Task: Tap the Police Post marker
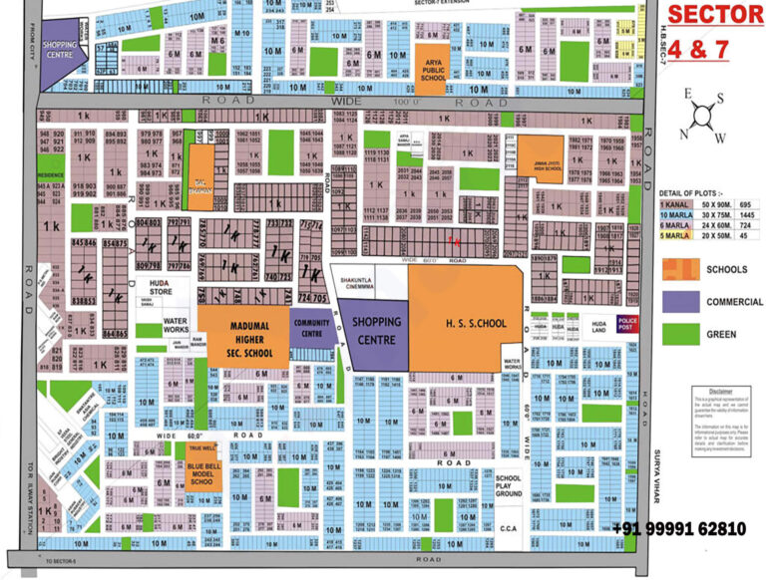pyautogui.click(x=626, y=323)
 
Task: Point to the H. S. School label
pyautogui.click(x=466, y=322)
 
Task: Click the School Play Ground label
pyautogui.click(x=509, y=486)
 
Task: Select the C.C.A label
pyautogui.click(x=508, y=529)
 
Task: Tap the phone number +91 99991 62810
pyautogui.click(x=678, y=528)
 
